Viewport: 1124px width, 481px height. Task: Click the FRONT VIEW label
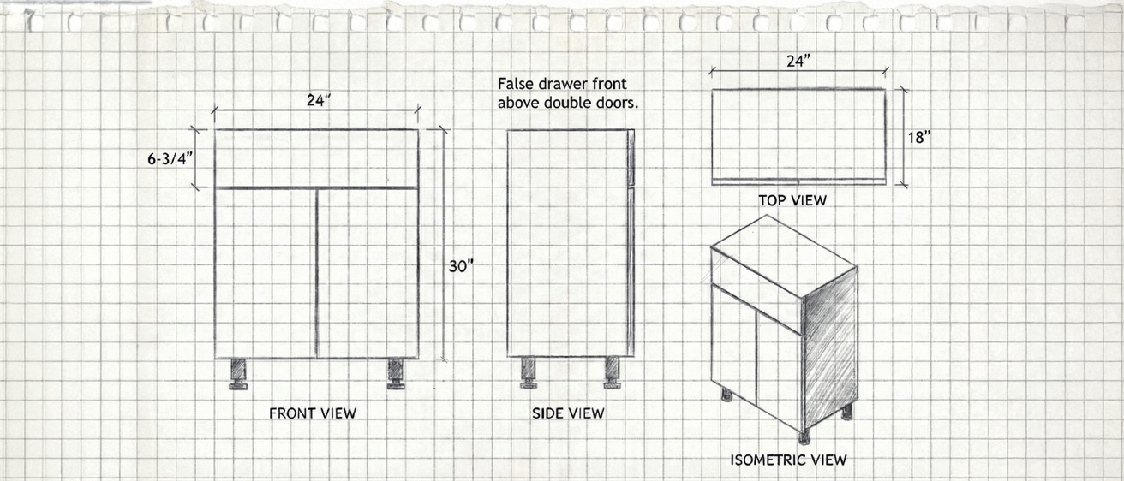(x=313, y=413)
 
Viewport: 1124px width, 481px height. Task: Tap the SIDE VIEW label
(x=568, y=413)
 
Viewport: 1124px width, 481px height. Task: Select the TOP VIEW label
(x=792, y=200)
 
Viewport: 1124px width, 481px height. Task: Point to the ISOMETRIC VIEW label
(x=788, y=460)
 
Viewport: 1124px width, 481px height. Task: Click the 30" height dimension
(x=461, y=266)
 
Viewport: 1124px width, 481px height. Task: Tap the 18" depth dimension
(x=919, y=137)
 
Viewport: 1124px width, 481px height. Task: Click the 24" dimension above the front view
(x=319, y=99)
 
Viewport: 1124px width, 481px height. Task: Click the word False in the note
(x=517, y=84)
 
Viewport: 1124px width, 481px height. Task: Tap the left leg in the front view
(x=236, y=373)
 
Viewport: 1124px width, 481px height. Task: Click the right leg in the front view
(x=396, y=373)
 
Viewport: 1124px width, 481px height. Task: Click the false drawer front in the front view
(x=316, y=158)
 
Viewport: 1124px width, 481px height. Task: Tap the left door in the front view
(x=266, y=272)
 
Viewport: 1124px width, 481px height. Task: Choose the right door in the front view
(x=368, y=272)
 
